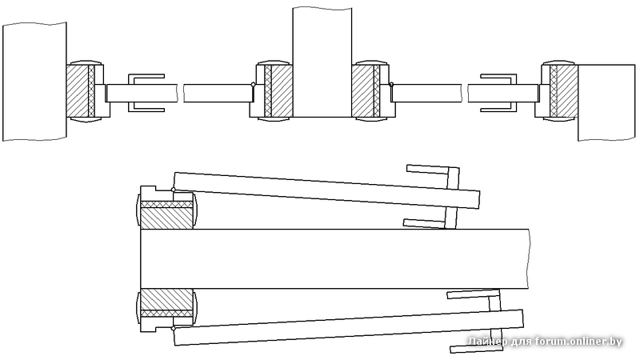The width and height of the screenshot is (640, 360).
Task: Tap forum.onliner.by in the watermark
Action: pyautogui.click(x=578, y=341)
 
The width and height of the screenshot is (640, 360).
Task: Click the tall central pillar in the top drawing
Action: pyautogui.click(x=322, y=62)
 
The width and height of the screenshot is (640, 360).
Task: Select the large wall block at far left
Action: pyautogui.click(x=34, y=82)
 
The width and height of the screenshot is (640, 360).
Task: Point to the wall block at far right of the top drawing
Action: pyautogui.click(x=606, y=102)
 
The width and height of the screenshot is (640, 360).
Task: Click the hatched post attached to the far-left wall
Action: pyautogui.click(x=81, y=91)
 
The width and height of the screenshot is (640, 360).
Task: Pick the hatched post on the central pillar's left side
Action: pyautogui.click(x=278, y=91)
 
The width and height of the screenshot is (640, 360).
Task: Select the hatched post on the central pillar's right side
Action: pyautogui.click(x=366, y=91)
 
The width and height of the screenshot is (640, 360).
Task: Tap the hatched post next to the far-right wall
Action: pyautogui.click(x=564, y=91)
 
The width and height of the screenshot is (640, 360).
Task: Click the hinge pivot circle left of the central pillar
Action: pyautogui.click(x=253, y=85)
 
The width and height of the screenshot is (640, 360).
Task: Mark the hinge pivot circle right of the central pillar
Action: pyautogui.click(x=391, y=85)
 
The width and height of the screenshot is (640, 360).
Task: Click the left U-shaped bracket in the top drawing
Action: pyautogui.click(x=146, y=93)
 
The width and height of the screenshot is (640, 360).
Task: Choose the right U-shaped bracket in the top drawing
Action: pyautogui.click(x=498, y=93)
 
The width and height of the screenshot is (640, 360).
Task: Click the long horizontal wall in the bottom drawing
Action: pyautogui.click(x=334, y=258)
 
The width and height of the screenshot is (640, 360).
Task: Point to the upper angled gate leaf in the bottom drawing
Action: pyautogui.click(x=326, y=190)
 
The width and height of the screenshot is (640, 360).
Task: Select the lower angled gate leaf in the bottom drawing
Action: pyautogui.click(x=349, y=327)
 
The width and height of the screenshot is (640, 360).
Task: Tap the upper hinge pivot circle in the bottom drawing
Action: pyautogui.click(x=174, y=190)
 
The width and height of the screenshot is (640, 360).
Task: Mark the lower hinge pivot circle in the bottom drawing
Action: pyautogui.click(x=174, y=328)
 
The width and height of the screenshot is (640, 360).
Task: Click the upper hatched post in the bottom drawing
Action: pyautogui.click(x=166, y=215)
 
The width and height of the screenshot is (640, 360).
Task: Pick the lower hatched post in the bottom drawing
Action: pyautogui.click(x=166, y=303)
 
